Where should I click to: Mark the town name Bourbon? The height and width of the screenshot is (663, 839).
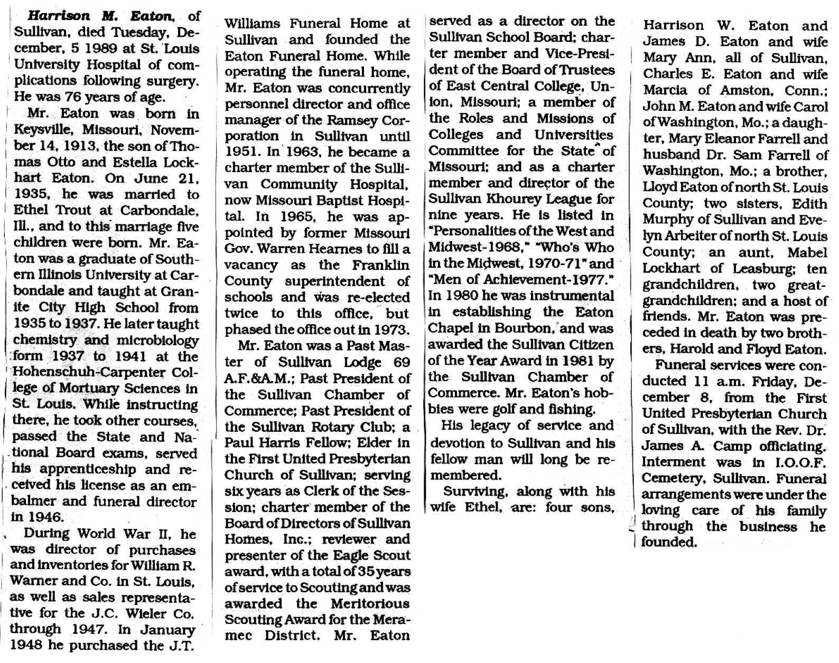pyautogui.click(x=523, y=328)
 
